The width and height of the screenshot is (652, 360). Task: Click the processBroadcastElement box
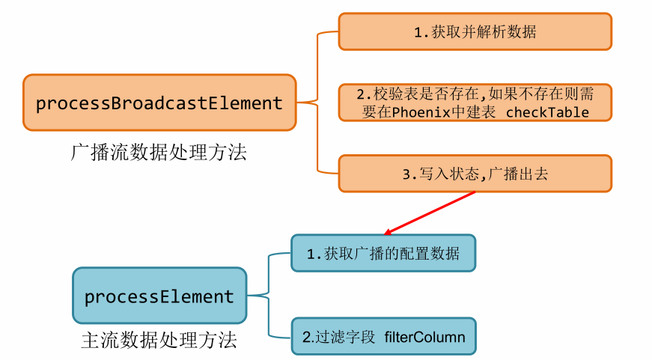(x=159, y=103)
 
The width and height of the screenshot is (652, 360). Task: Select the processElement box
(x=159, y=296)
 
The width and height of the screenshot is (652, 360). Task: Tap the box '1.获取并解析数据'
(x=475, y=32)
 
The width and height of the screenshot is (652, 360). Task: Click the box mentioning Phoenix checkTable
(x=475, y=103)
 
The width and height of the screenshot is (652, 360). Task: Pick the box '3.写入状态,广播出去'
(x=475, y=174)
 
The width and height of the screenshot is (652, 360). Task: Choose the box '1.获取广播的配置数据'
(x=383, y=254)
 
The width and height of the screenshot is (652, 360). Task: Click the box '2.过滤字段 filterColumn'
(x=383, y=337)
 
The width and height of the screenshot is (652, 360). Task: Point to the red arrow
(x=430, y=212)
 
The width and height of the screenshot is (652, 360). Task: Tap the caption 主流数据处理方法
(x=159, y=341)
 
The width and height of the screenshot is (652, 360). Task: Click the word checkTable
(x=548, y=113)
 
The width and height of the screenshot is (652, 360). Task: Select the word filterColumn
(x=424, y=337)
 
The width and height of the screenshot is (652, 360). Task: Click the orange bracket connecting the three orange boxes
(x=318, y=103)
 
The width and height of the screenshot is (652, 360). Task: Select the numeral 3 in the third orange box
(x=406, y=174)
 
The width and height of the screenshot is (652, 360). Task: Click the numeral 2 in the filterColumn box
(x=305, y=338)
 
